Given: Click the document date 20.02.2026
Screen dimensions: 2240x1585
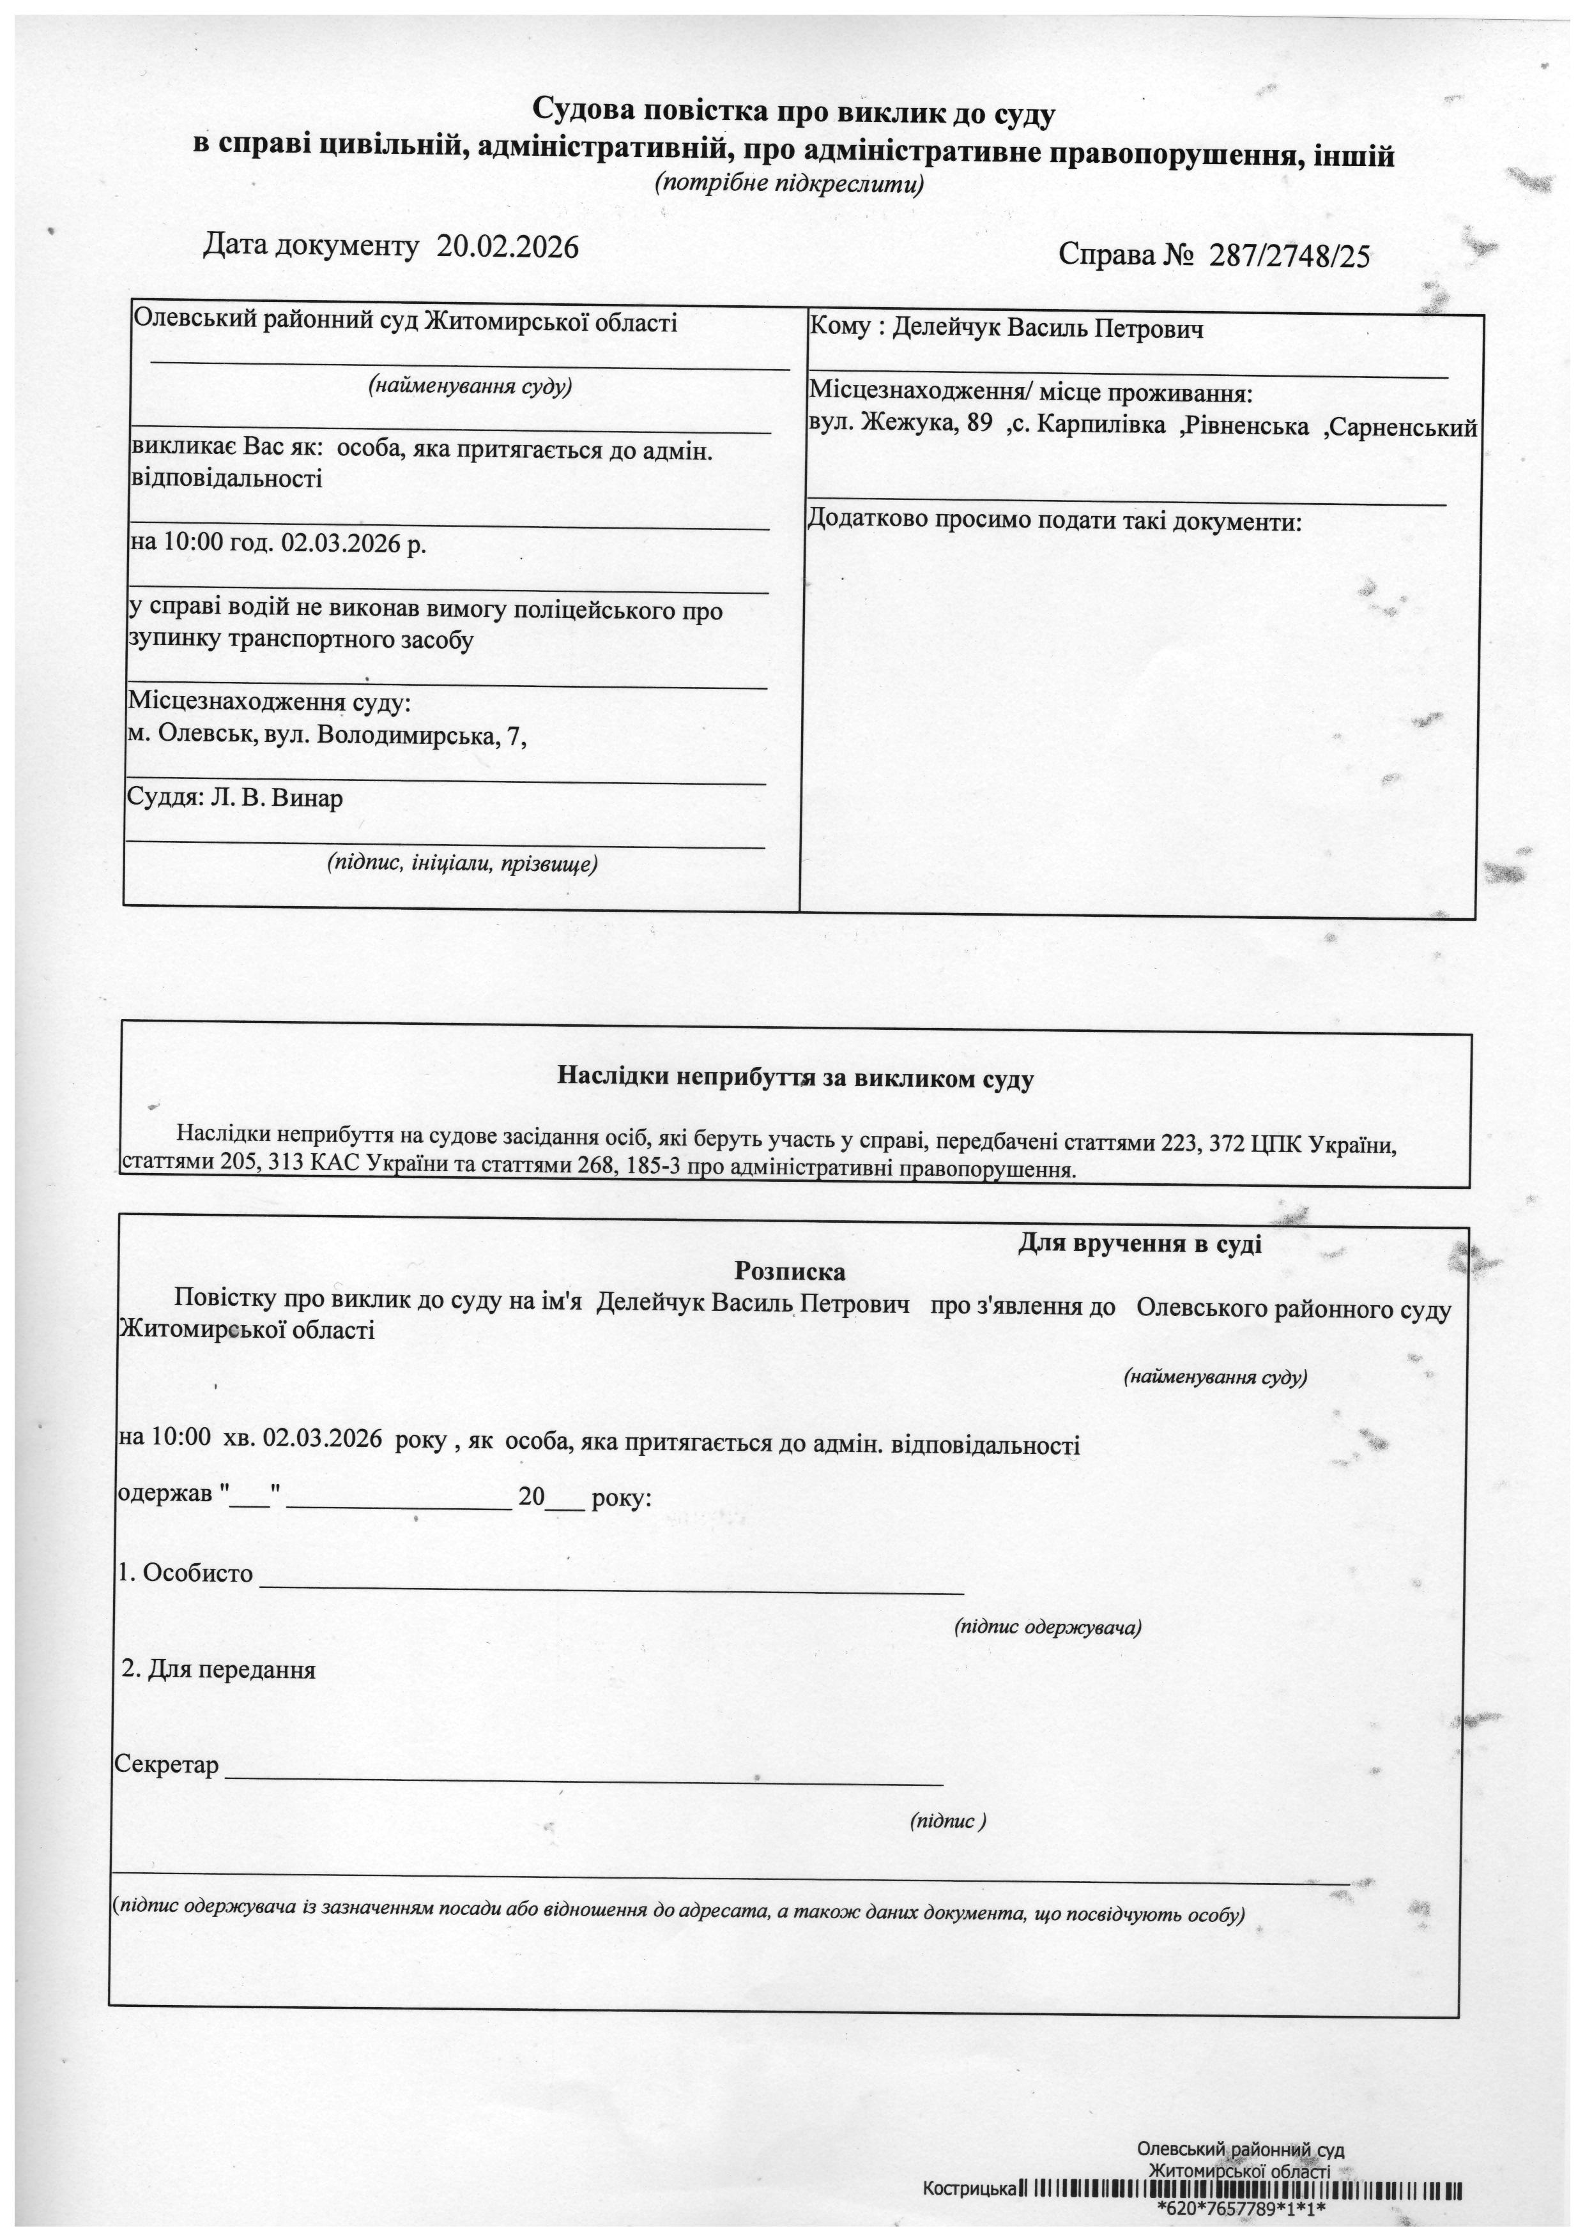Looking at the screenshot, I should click(x=507, y=247).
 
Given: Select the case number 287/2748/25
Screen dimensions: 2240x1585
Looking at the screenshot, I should click(x=1289, y=257).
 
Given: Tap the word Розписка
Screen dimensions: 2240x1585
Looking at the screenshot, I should click(x=790, y=1272).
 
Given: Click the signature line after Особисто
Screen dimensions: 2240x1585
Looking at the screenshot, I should click(x=611, y=1590).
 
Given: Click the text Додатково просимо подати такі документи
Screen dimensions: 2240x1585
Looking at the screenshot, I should click(x=1054, y=521).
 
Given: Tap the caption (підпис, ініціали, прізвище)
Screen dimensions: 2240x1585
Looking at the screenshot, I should click(x=462, y=863).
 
